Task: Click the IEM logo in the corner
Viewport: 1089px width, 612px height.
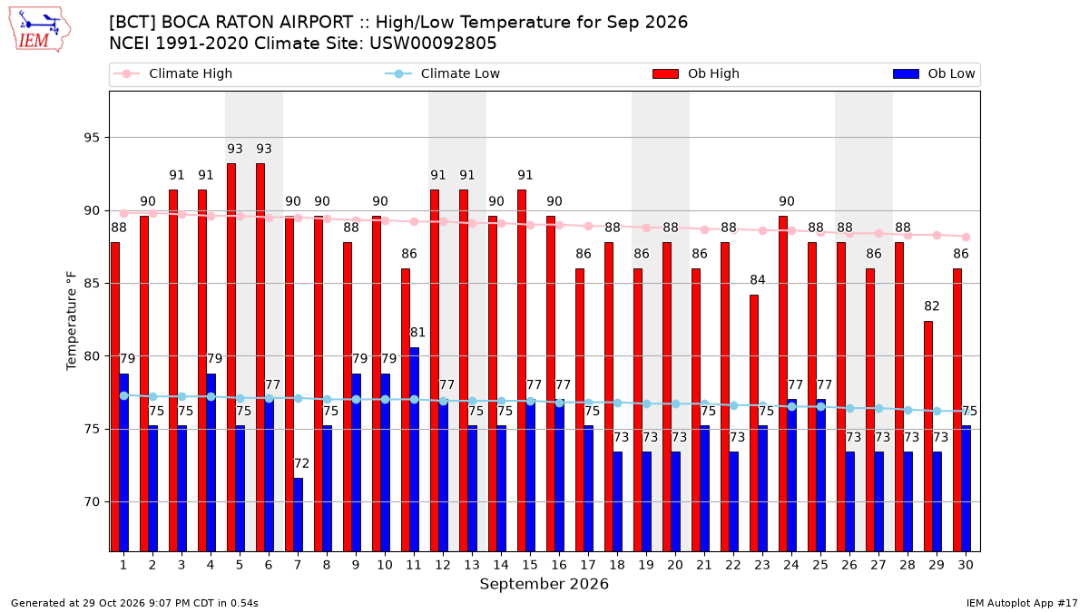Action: (x=40, y=30)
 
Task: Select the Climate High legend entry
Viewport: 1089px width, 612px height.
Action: (x=172, y=73)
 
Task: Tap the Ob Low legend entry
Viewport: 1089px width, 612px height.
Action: (x=934, y=73)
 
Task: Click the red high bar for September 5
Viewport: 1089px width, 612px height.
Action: (x=231, y=357)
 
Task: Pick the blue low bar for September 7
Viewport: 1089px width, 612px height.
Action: (x=298, y=515)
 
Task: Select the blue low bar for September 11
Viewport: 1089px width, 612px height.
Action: (x=414, y=450)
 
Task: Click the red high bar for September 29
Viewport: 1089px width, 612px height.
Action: (x=928, y=437)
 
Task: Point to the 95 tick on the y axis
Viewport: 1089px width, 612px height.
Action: (x=92, y=138)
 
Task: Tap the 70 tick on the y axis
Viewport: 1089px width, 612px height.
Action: (x=92, y=502)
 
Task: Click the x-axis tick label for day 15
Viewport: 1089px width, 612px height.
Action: (x=530, y=566)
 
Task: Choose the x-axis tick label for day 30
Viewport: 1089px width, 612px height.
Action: (x=966, y=566)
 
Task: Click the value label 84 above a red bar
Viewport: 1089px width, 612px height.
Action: (x=758, y=280)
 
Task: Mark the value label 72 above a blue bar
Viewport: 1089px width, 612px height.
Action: (x=301, y=464)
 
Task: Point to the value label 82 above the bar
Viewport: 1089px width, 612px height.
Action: (x=931, y=306)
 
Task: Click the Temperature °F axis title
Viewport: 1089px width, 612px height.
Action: (x=72, y=321)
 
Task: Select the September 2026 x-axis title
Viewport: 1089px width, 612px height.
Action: (x=544, y=584)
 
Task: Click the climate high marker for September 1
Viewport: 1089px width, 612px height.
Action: (x=124, y=214)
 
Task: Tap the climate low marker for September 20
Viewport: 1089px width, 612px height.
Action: (x=676, y=404)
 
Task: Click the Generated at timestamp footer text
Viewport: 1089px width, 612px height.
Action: (x=134, y=603)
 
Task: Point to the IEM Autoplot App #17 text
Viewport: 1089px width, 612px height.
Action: (x=1022, y=603)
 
